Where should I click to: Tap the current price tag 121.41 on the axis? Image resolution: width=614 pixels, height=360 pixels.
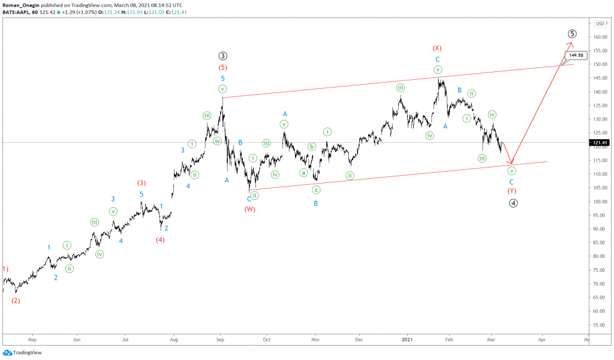600,143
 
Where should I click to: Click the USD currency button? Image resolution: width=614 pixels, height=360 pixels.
600,23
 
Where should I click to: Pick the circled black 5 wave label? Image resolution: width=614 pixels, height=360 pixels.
572,34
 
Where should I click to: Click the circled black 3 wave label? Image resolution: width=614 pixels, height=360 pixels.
222,56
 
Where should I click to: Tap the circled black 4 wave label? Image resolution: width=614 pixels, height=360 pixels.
513,203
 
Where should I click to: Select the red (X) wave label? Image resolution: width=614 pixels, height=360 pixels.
438,48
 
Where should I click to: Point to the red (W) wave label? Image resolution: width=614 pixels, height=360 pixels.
249,209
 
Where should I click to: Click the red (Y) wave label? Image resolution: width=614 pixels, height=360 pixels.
512,191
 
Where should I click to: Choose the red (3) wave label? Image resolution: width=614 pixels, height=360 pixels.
142,183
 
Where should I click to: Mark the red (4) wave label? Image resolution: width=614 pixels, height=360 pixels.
160,240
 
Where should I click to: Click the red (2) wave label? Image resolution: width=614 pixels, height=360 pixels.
16,301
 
